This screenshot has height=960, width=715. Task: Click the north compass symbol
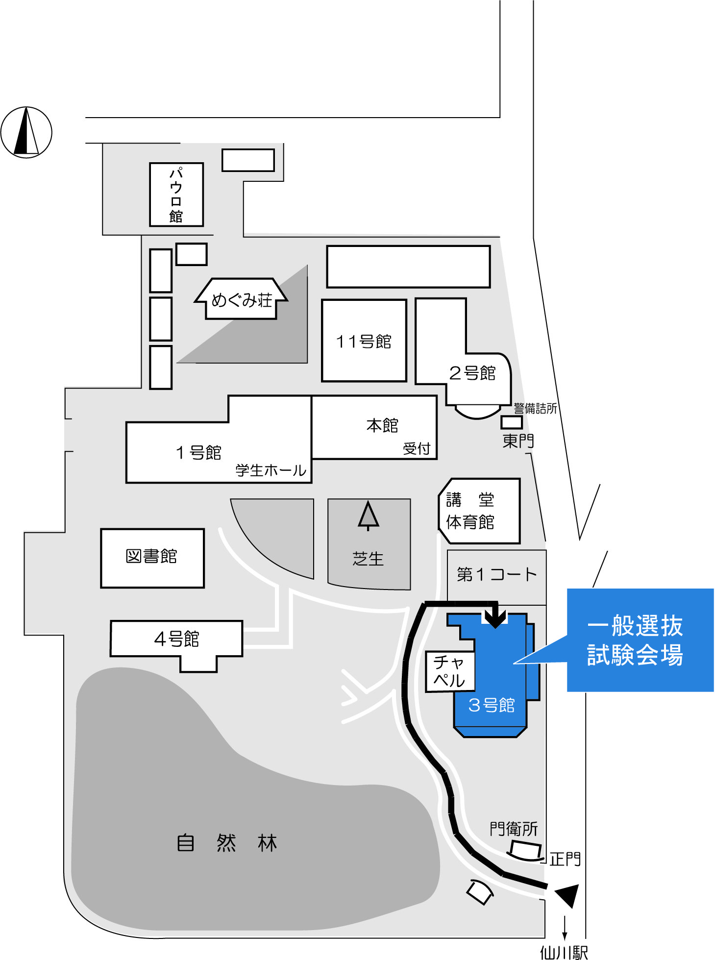26,132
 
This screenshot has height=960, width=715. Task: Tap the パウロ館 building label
176,195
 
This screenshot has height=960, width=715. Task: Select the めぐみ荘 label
242,300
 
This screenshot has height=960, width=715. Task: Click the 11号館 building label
364,342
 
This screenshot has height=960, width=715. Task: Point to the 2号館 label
472,373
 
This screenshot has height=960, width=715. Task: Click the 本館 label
382,425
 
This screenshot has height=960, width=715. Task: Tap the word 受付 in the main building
417,448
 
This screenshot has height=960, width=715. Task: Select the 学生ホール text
271,470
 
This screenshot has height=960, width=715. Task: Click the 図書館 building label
151,557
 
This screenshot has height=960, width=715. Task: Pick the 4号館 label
176,639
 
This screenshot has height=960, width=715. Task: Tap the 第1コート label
496,574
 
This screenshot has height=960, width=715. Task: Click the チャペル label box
449,671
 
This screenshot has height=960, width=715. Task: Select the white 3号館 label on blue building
492,705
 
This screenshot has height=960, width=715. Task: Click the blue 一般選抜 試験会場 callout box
640,640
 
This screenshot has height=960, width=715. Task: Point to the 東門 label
518,441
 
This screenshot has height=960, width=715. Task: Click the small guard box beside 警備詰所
512,422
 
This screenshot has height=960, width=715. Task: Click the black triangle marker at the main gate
568,895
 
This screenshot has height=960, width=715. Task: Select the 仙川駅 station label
564,952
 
